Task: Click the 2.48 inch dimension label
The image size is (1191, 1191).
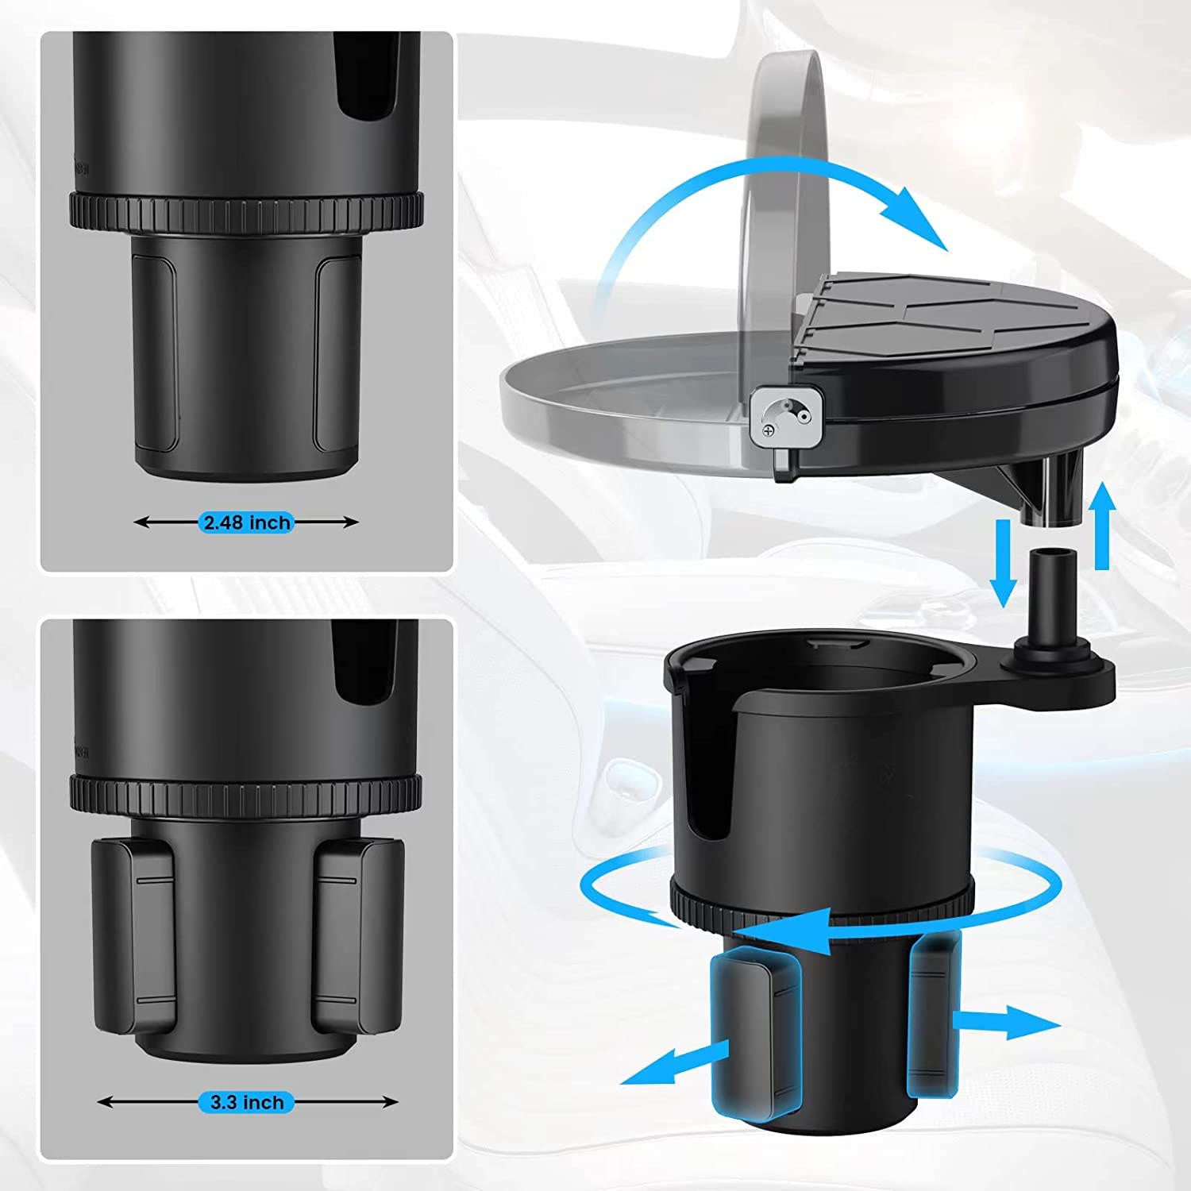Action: pyautogui.click(x=247, y=522)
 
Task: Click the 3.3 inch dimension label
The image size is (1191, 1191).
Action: pyautogui.click(x=247, y=1102)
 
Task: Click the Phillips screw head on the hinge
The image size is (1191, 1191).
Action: pyautogui.click(x=769, y=430)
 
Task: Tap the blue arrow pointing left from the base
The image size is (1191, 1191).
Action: pyautogui.click(x=675, y=1064)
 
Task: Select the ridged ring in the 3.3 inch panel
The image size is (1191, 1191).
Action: pyautogui.click(x=246, y=792)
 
